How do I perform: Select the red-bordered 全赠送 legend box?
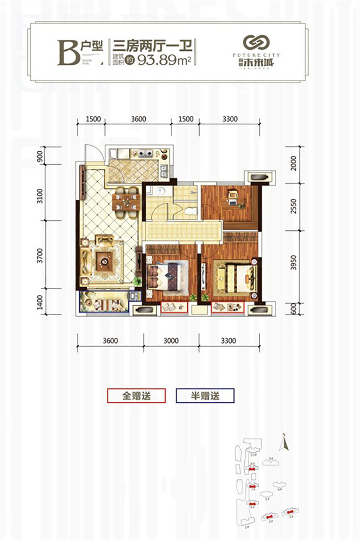click(x=136, y=396)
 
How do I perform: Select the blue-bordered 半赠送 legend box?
click(x=205, y=396)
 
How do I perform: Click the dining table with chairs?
click(x=126, y=199)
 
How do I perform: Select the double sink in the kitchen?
click(x=164, y=171)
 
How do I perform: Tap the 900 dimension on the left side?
click(x=40, y=156)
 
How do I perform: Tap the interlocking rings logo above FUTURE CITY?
click(x=256, y=43)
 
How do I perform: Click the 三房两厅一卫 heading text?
click(x=154, y=44)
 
